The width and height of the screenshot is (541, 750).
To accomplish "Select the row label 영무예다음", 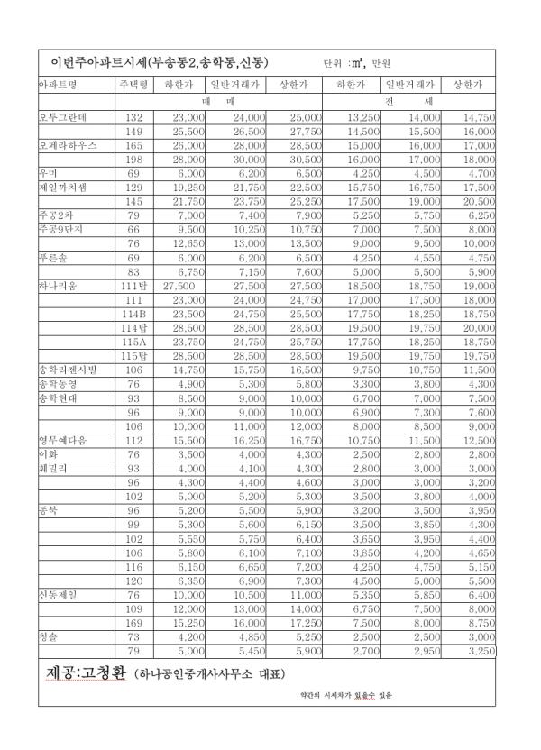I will [62, 440].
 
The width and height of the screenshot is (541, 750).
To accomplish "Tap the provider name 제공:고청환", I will [86, 672].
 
